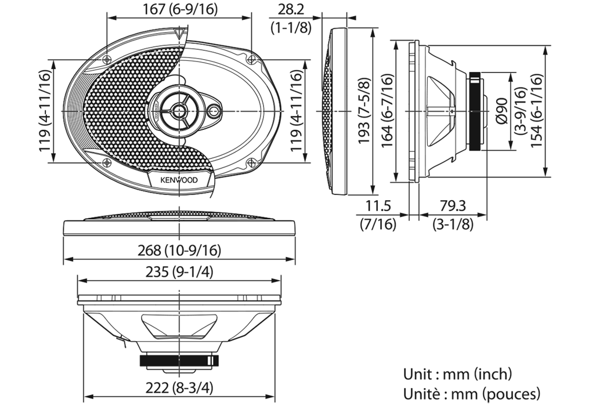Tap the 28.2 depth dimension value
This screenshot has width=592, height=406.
click(x=291, y=9)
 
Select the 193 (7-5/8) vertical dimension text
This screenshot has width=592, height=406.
click(x=364, y=110)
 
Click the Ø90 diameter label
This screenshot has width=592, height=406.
click(x=502, y=110)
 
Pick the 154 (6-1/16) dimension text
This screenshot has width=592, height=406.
click(x=536, y=110)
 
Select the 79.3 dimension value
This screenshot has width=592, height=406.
click(x=452, y=206)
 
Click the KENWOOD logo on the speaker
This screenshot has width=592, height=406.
click(x=179, y=180)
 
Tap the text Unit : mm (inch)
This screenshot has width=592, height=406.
click(x=457, y=374)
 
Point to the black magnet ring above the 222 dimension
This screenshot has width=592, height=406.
click(x=179, y=360)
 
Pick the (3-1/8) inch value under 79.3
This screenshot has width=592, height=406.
click(x=452, y=224)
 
